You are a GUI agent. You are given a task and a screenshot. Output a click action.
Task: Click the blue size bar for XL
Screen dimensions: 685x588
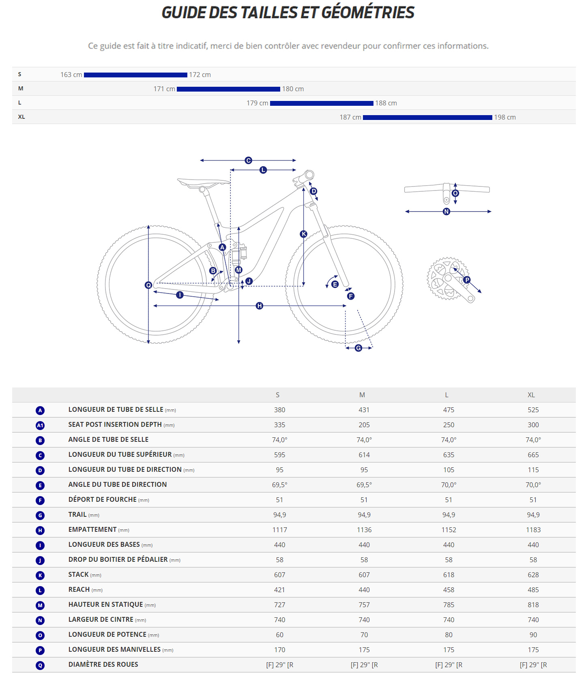pos(427,118)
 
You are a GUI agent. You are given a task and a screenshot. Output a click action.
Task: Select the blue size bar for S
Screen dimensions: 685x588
pos(135,75)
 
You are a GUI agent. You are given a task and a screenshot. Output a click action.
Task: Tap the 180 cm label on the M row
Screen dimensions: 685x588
pos(293,89)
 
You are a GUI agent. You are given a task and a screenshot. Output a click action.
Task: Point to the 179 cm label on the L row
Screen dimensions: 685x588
pos(257,103)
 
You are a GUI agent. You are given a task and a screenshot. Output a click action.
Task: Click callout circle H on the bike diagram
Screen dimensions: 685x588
pos(260,306)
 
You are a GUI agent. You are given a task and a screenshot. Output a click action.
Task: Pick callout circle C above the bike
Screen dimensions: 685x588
pos(249,161)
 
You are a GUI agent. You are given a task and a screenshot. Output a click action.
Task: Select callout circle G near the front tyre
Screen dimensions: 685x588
pos(358,348)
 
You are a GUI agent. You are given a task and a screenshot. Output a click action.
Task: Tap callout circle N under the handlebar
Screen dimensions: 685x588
pos(446,212)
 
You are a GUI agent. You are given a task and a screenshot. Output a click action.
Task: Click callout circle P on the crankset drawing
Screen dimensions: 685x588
pos(467,280)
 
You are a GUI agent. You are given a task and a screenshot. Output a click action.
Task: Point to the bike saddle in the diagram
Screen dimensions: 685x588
pos(203,182)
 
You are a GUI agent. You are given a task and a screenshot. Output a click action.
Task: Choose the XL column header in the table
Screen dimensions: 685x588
pos(531,395)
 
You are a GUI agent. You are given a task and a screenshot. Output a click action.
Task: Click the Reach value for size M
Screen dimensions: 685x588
pos(364,590)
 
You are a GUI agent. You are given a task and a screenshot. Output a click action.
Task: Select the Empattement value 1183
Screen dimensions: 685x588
pos(533,530)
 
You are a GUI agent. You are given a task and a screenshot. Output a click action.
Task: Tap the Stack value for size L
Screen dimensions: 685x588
pos(449,575)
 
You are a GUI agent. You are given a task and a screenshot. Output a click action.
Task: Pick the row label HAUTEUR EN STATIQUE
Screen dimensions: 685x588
pos(105,605)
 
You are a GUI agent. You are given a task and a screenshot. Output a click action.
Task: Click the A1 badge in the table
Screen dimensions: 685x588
pos(40,426)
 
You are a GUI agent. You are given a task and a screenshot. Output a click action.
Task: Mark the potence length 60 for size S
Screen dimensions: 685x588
pos(279,635)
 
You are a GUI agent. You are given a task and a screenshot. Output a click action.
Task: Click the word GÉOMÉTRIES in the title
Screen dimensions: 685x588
pos(368,13)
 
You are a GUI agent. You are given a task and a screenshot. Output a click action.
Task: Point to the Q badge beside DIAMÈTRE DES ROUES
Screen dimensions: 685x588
pos(40,666)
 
